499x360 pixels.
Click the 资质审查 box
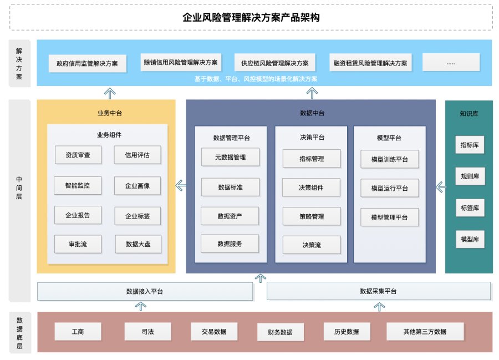78,155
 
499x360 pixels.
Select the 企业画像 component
138,186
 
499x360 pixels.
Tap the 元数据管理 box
230,157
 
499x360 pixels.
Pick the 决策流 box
311,245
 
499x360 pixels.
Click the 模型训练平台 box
389,159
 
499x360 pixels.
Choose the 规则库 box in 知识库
470,177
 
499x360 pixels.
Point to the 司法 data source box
147,332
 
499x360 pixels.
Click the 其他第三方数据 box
424,332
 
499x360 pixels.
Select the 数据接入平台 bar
145,291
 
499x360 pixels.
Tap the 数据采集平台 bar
378,291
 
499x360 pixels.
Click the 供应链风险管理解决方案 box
274,63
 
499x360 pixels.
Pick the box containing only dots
451,63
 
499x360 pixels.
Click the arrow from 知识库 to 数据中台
441,187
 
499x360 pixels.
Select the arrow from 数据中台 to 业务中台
181,185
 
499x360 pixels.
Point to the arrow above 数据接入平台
141,305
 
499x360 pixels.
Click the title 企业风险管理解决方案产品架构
251,17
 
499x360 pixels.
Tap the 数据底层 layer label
19,332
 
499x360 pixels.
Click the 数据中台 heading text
312,113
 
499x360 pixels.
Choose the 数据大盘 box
138,244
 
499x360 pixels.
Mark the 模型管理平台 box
389,217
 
